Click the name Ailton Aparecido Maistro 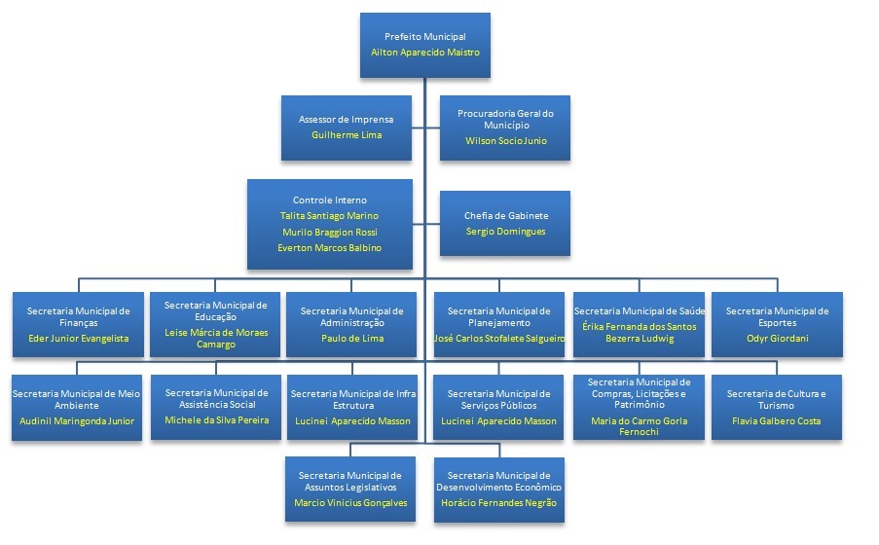(424, 52)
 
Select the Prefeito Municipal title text (424, 36)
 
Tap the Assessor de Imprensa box (346, 127)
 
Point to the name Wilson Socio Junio (505, 140)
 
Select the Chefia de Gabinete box (505, 223)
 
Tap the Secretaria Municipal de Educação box (215, 324)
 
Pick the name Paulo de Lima (352, 338)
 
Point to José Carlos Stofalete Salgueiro (499, 338)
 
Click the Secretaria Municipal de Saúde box (640, 324)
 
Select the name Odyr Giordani (777, 338)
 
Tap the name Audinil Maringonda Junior (77, 420)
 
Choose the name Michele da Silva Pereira (215, 419)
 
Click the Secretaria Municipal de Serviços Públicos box (499, 407)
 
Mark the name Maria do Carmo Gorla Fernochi (640, 425)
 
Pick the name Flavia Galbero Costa (777, 420)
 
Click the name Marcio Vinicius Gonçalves (350, 502)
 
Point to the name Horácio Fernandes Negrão (498, 502)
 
